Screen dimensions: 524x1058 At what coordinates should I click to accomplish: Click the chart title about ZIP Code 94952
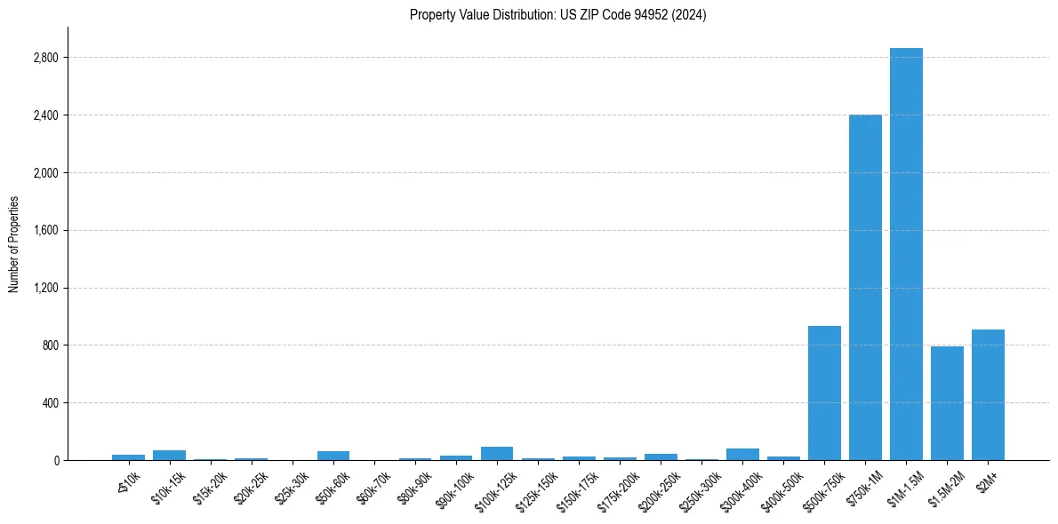coord(557,15)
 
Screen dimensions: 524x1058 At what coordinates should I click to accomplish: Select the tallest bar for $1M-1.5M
coord(906,254)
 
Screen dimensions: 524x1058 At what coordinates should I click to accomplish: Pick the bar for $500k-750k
coord(824,393)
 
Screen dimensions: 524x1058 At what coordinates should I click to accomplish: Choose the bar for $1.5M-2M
coord(947,403)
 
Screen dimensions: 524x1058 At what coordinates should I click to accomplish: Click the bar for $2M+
coord(988,394)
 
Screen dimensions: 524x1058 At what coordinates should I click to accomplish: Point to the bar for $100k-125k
coord(497,453)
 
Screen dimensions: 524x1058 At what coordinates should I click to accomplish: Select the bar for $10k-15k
coord(169,455)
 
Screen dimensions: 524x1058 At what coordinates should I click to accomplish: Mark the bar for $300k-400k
coord(742,454)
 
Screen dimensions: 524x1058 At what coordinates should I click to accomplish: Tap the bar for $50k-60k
coord(333,455)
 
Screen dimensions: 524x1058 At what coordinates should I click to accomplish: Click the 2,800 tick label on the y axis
coord(45,58)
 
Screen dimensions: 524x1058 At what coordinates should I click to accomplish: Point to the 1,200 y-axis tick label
coord(45,288)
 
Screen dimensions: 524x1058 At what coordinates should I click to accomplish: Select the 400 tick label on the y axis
coord(50,403)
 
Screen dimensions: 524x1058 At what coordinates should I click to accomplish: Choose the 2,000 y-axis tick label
coord(45,173)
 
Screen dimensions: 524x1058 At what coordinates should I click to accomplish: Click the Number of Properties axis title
coord(14,243)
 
